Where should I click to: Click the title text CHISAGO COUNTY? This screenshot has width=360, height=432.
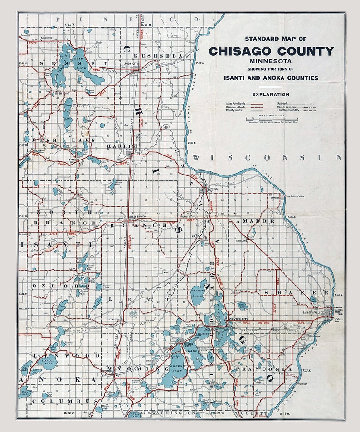[x=271, y=51]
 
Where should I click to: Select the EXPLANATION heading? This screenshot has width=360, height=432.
[x=271, y=94]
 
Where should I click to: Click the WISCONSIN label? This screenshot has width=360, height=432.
[x=267, y=157]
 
